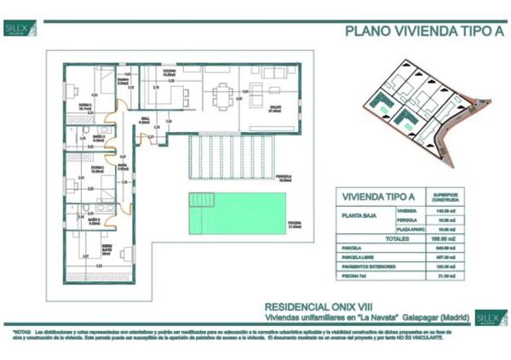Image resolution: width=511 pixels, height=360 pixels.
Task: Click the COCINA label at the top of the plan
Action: click(169, 71)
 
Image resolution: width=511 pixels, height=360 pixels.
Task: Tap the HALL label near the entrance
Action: click(145, 119)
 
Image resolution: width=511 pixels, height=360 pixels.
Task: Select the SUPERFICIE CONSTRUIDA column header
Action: click(445, 195)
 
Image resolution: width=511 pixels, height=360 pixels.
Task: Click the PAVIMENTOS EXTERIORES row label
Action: click(370, 266)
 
